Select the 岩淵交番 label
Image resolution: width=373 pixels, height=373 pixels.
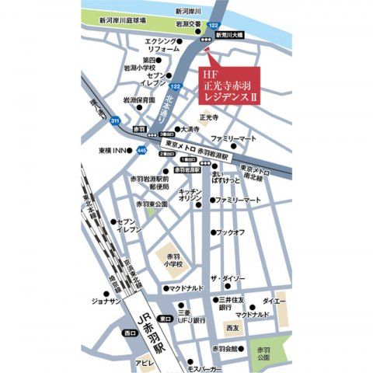[190, 23]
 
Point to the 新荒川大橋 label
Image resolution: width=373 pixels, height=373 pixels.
[230, 36]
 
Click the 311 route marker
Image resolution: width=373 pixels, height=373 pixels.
[115, 121]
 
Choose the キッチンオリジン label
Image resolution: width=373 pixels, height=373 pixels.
[190, 195]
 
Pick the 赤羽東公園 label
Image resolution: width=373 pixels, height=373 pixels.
[152, 204]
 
